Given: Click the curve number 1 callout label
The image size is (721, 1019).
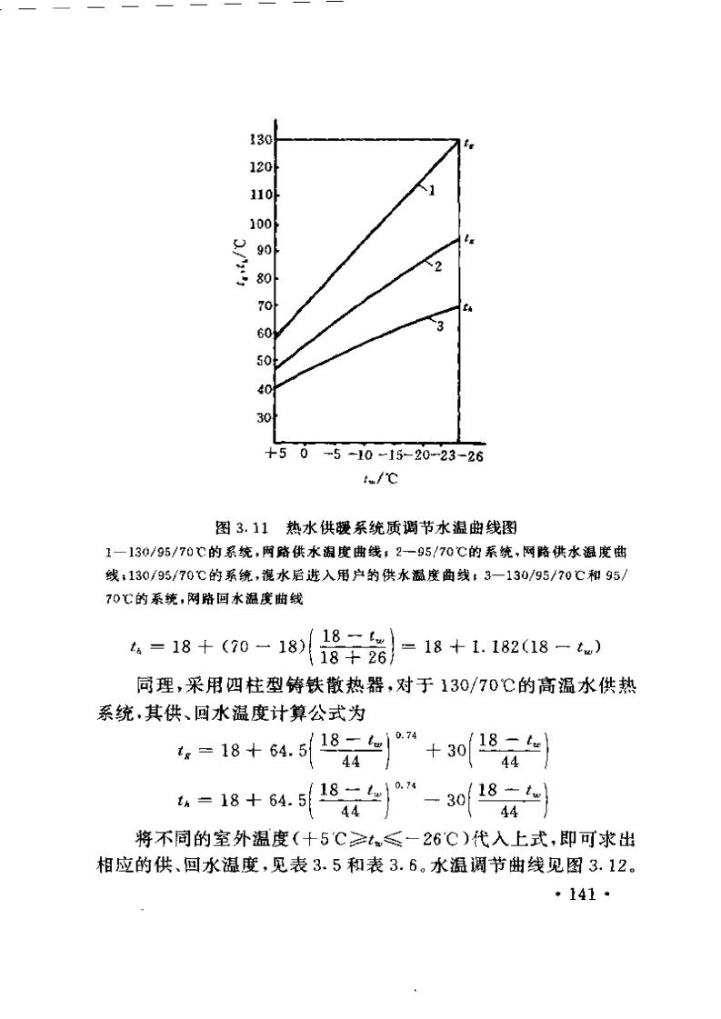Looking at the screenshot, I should click(x=432, y=191).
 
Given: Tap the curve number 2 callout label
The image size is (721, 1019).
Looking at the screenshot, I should click(x=437, y=266).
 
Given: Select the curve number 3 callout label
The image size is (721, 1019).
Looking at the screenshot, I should click(x=439, y=326).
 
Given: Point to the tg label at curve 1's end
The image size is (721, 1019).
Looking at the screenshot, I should click(x=467, y=144).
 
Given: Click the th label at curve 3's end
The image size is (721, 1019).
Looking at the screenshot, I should click(x=467, y=308).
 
